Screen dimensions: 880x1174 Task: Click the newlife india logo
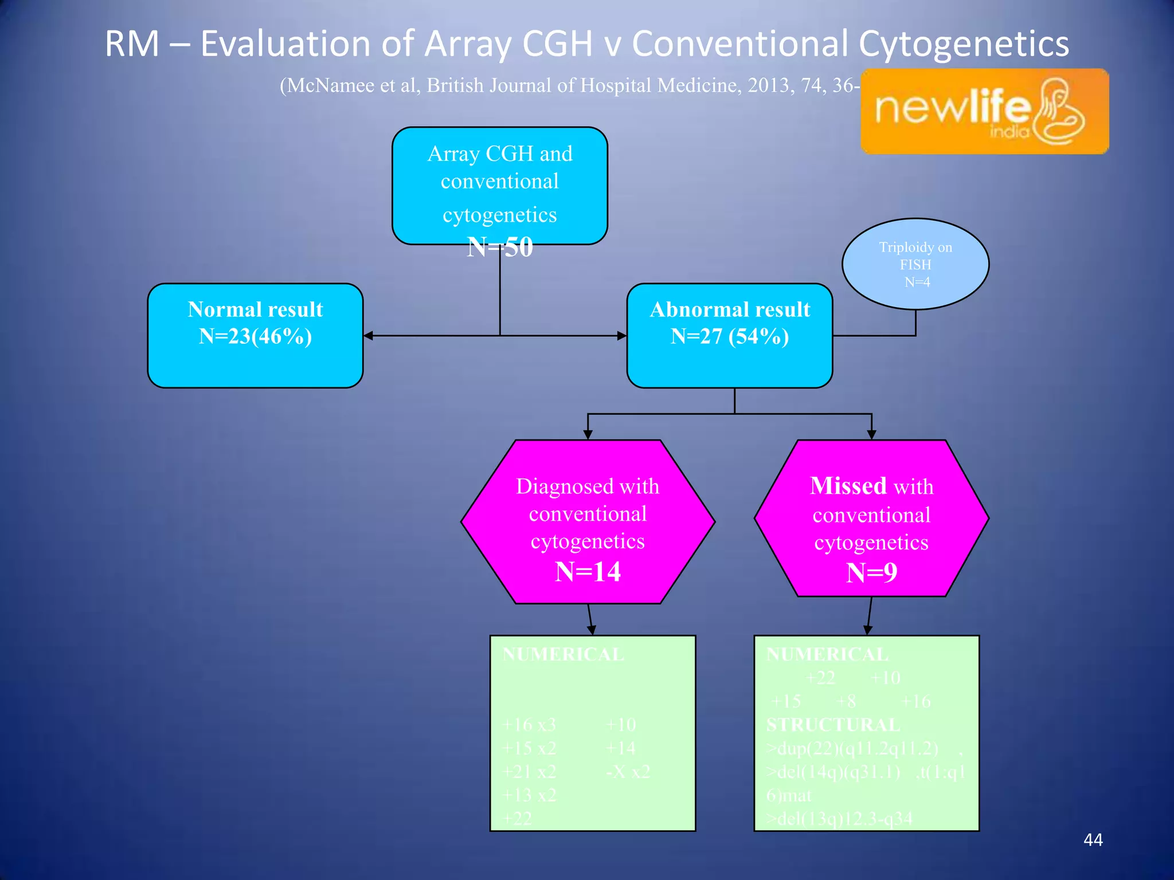pos(984,111)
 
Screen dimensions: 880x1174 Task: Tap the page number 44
pos(1093,840)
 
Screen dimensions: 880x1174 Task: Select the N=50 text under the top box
pos(500,247)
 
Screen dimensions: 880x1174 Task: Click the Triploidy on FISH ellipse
pos(915,264)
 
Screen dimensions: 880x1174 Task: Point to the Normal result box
pos(255,336)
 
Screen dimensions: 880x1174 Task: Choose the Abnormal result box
pos(729,336)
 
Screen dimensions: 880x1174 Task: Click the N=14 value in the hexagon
pos(588,572)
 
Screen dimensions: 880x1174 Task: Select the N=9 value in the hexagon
pos(871,573)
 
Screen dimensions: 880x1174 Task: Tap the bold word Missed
pos(848,486)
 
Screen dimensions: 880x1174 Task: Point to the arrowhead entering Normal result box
pos(369,336)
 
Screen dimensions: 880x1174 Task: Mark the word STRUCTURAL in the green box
pos(832,725)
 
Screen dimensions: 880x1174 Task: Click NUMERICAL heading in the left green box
pos(563,654)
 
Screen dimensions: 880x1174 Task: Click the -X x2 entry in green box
pos(628,772)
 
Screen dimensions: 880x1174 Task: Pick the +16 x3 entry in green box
pos(529,725)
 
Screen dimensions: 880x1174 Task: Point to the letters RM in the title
pos(132,44)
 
